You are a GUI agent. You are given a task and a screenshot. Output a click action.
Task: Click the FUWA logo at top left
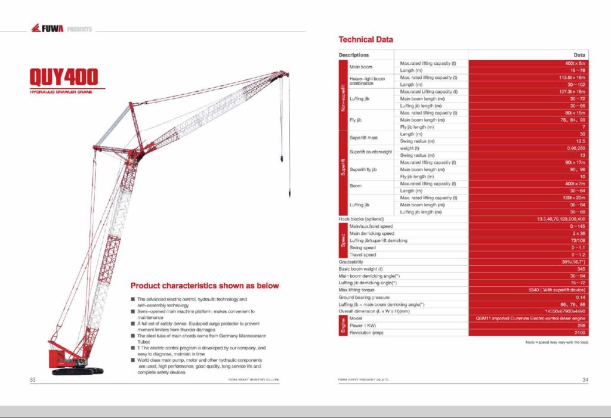47,29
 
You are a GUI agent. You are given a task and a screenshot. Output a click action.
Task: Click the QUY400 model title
64,78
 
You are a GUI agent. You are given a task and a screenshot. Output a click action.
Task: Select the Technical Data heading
366,40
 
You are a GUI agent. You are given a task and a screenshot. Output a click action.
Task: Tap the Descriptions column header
354,55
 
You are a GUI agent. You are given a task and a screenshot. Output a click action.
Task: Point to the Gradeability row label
351,262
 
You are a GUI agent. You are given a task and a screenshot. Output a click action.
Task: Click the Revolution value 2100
579,333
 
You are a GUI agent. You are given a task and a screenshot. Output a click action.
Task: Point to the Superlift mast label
363,138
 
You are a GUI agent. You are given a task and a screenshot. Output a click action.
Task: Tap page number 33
33,379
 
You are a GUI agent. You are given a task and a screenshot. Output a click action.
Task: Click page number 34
585,379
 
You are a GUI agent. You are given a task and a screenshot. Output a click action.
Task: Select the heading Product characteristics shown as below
205,286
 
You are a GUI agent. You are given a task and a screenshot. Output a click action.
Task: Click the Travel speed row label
363,255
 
